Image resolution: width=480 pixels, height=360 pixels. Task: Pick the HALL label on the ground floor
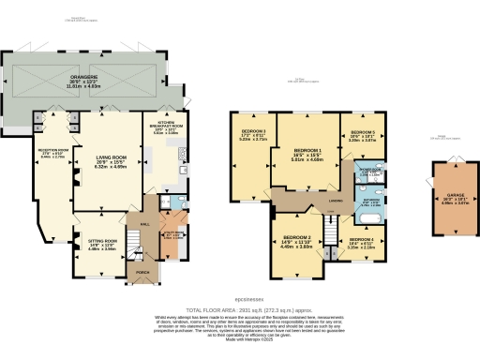pyautogui.click(x=145, y=224)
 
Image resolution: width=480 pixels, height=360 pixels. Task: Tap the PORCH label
pyautogui.click(x=142, y=274)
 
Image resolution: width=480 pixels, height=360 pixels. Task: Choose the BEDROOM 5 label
pyautogui.click(x=363, y=134)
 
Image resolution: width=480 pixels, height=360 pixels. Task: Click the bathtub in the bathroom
pyautogui.click(x=368, y=217)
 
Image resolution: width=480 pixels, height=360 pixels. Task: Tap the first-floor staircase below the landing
pyautogui.click(x=330, y=228)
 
